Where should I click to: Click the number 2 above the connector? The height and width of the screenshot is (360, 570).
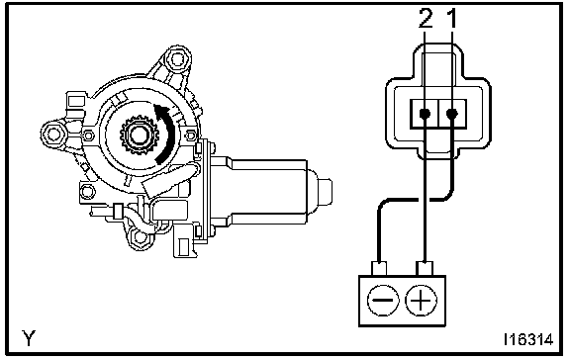coord(426,19)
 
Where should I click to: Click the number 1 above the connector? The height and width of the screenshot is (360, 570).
coord(452,19)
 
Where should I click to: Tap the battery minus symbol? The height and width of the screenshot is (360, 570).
coord(383,301)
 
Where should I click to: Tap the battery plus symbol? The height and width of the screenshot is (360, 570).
coord(421,301)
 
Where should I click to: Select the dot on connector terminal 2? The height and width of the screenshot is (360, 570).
coord(425,114)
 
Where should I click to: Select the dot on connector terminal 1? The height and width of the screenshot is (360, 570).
coord(452,114)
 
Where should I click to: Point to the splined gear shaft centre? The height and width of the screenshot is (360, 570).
coord(140,135)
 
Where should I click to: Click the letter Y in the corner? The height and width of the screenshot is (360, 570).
coord(29,338)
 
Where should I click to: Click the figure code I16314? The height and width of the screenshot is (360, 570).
coord(528,339)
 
